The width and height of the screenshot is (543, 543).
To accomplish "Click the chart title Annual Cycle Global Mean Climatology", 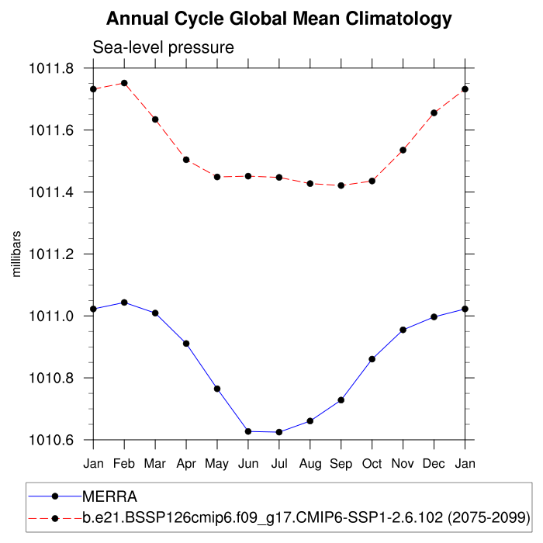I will [278, 18].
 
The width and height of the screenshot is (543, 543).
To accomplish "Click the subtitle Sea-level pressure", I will [163, 48].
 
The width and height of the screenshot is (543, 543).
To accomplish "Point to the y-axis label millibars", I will [16, 254].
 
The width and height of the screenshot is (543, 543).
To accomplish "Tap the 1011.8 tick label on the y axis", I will [50, 68].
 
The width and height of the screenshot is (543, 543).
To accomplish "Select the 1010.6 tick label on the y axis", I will [50, 440].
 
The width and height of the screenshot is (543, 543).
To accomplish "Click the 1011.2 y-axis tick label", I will [50, 254].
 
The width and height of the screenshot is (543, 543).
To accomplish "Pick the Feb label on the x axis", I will [124, 463].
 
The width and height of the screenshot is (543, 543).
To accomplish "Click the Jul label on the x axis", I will [279, 463].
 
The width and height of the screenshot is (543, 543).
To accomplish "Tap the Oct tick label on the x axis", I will [372, 463].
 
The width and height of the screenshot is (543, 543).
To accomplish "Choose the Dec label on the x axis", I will [434, 463].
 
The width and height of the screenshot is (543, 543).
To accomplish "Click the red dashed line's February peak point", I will [124, 83].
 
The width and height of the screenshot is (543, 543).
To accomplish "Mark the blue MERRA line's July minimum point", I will [279, 432].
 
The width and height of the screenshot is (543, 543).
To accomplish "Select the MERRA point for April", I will [186, 343].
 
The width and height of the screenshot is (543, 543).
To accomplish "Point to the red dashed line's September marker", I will [341, 185].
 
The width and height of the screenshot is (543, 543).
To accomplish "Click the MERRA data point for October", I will [372, 359].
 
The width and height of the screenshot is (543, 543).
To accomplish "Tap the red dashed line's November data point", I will [403, 150].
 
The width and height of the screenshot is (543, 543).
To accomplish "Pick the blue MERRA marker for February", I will [124, 303].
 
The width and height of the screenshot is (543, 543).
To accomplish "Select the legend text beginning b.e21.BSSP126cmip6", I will [306, 517].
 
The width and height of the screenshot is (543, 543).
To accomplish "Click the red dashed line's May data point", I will [217, 177].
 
